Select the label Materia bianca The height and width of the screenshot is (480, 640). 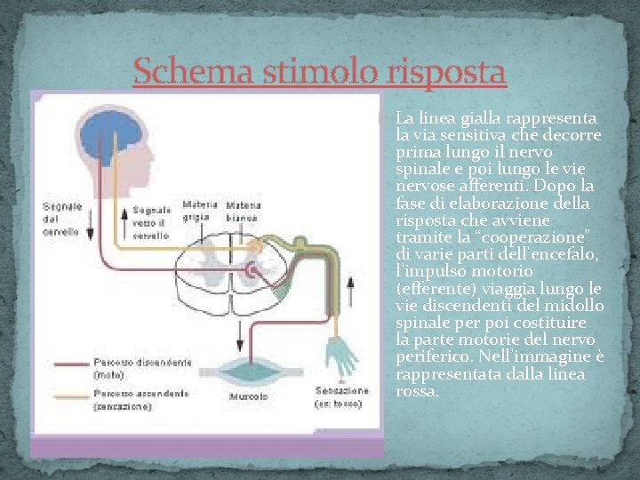[x=243, y=211]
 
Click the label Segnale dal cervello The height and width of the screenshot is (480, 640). [x=62, y=219]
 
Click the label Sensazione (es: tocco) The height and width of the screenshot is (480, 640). [x=341, y=397]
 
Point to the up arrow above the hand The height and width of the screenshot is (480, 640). [x=349, y=289]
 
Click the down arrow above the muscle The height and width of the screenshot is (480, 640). [x=240, y=335]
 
